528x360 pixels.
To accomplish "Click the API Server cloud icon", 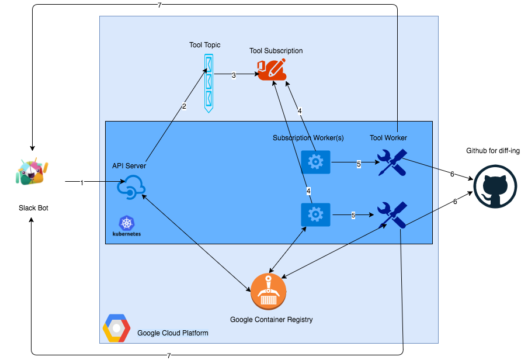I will [131, 186].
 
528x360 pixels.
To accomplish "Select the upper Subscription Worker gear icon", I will [315, 161].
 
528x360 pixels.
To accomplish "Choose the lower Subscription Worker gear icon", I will [315, 214].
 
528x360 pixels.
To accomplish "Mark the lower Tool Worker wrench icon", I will [392, 215].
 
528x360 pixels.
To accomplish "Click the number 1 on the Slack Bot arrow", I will [82, 182].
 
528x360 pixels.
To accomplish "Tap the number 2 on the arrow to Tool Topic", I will [184, 106].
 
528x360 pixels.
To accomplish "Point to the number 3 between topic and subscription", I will [234, 75].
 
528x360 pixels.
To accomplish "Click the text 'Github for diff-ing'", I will [493, 151].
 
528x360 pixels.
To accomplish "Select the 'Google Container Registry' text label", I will [271, 320].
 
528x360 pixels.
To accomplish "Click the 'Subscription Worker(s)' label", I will [308, 138].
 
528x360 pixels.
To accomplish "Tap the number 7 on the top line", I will [159, 5].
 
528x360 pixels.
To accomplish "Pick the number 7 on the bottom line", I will [169, 355].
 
